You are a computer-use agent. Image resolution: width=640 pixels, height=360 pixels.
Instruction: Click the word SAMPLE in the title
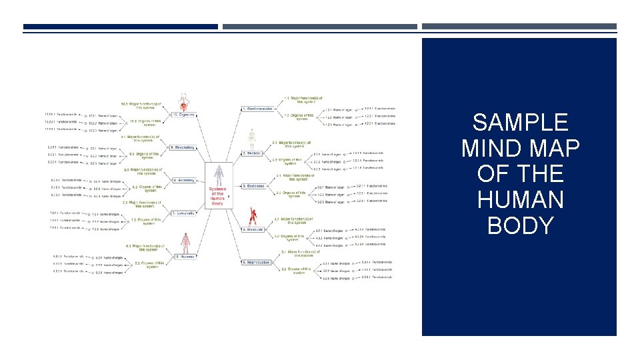pos(519,123)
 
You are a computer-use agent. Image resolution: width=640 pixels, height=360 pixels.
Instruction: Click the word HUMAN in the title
pos(519,199)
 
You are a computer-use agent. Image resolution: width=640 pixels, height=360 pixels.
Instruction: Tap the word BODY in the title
pos(519,225)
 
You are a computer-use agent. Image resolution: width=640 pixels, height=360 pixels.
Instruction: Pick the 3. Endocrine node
pos(254,186)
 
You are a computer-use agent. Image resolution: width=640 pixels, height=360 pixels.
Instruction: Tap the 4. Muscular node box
pos(254,229)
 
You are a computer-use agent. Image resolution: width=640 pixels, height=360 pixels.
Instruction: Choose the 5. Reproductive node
pos(256,263)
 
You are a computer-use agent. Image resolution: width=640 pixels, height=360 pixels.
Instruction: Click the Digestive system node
pos(184,114)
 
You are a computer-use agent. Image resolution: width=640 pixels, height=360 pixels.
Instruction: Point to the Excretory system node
pos(183,180)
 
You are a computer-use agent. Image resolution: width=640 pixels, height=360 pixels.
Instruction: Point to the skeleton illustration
pos(251,137)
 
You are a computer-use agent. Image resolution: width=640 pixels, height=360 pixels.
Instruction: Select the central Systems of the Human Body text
pos(217,196)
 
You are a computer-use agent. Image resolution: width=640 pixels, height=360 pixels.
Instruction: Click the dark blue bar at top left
pos(120,27)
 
